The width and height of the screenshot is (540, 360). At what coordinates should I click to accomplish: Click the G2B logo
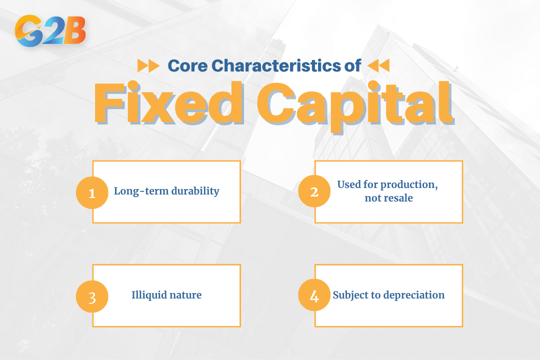tap(50, 31)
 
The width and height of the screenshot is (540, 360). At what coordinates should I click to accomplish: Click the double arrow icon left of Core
tap(148, 65)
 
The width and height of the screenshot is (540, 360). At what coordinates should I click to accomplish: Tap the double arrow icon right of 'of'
tap(378, 65)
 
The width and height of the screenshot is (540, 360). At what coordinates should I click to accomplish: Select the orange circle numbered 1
tap(92, 192)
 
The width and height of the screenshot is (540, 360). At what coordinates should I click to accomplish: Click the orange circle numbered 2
tap(314, 191)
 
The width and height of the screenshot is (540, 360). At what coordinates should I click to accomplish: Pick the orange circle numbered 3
tap(92, 296)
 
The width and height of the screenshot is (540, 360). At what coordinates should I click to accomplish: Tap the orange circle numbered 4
tap(314, 296)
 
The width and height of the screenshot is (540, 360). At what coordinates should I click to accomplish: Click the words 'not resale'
tap(388, 198)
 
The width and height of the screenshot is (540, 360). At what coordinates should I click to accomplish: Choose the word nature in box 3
tap(185, 295)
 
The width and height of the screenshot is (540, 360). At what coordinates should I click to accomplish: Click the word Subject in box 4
tap(350, 295)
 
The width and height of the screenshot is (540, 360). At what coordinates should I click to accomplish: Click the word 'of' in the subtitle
tap(352, 65)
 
